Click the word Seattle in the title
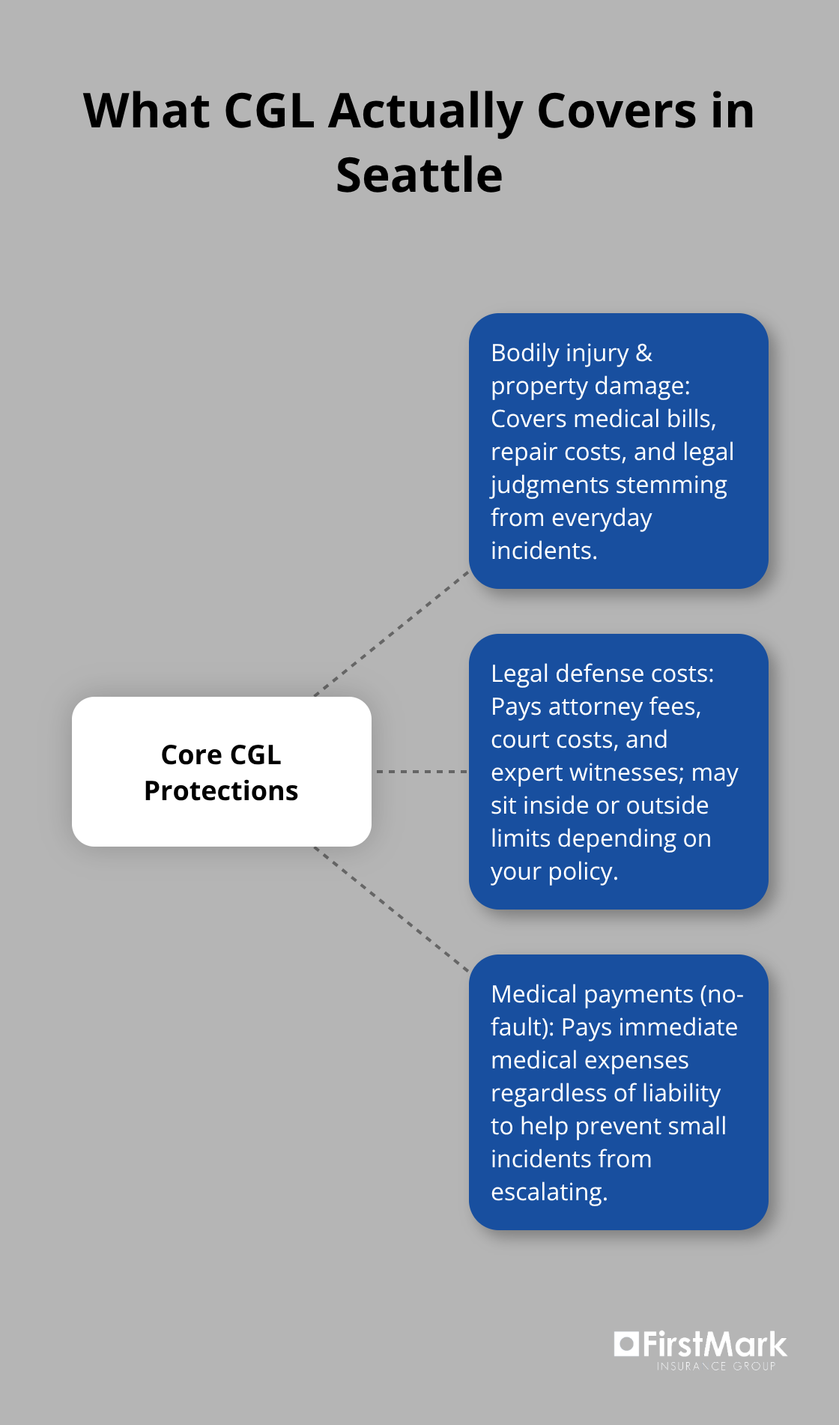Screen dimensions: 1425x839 point(419,175)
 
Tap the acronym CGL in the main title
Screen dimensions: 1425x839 point(269,111)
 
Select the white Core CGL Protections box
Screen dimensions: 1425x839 point(222,771)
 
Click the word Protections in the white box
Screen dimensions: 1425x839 point(221,791)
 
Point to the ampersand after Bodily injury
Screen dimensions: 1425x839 point(644,353)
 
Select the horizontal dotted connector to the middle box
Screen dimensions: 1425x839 point(420,771)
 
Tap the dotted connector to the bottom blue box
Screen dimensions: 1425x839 point(391,909)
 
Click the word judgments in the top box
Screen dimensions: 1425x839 point(548,485)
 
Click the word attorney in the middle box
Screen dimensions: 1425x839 point(596,707)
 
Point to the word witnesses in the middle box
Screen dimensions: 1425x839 point(626,772)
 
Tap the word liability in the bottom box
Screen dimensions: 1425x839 point(681,1093)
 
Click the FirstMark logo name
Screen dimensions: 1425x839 point(714,1345)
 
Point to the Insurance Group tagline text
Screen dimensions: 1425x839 point(715,1367)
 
